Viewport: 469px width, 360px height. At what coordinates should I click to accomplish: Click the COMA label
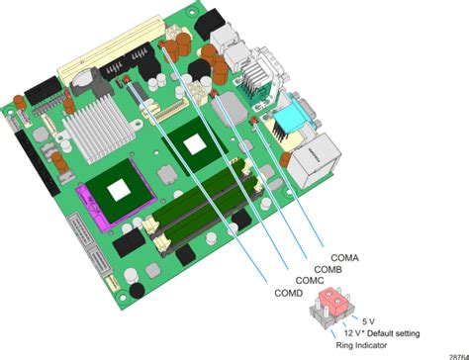point(342,258)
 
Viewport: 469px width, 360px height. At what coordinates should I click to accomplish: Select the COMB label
point(328,269)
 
